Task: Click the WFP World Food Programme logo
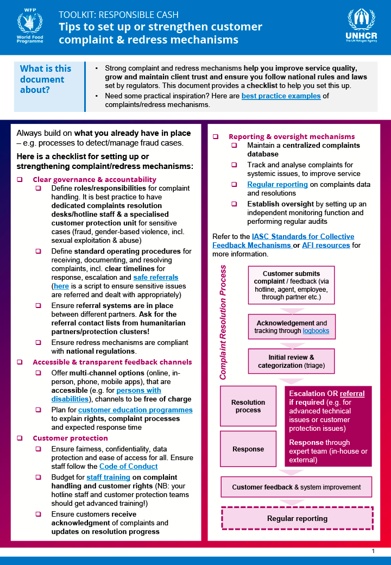pyautogui.click(x=30, y=27)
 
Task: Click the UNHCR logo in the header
pyautogui.click(x=361, y=26)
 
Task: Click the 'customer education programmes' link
pyautogui.click(x=135, y=410)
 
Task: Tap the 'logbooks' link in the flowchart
pyautogui.click(x=316, y=330)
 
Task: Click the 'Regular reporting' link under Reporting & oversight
pyautogui.click(x=278, y=184)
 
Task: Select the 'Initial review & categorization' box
pyautogui.click(x=291, y=361)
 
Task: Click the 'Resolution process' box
pyautogui.click(x=248, y=406)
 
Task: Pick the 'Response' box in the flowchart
pyautogui.click(x=248, y=449)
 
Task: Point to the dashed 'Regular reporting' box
pyautogui.click(x=297, y=518)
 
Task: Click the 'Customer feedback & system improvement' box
pyautogui.click(x=297, y=487)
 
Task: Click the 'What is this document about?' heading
pyautogui.click(x=46, y=79)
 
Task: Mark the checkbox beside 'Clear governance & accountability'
pyautogui.click(x=20, y=179)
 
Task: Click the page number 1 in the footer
pyautogui.click(x=373, y=551)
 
